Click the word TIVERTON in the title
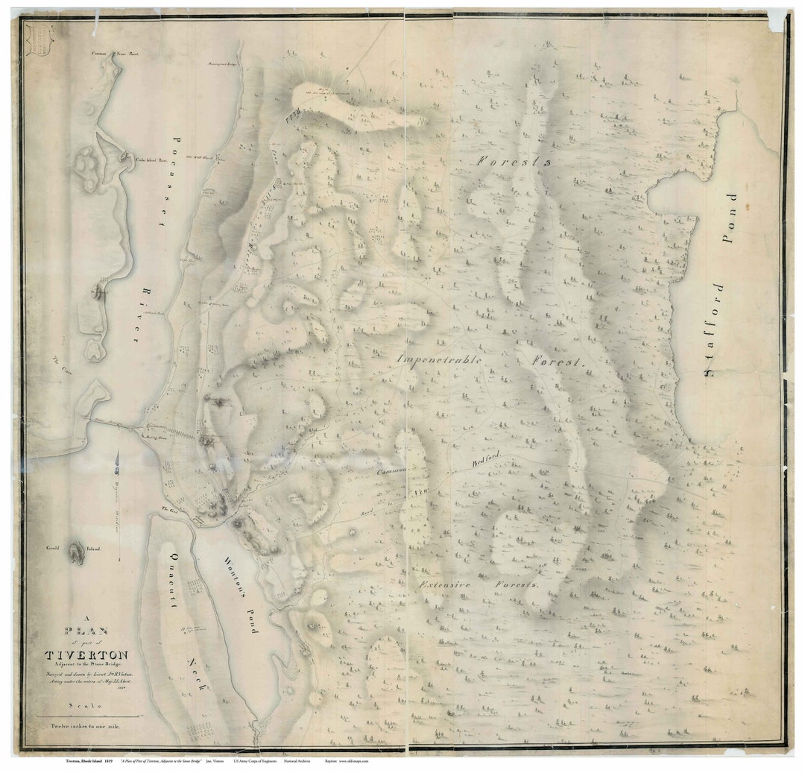tap(86, 655)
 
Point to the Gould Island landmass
tap(76, 553)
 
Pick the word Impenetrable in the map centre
tap(441, 359)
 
